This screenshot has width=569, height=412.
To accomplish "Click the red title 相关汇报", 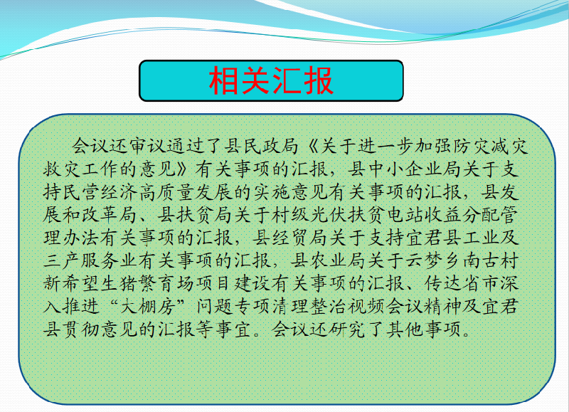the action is (271, 80).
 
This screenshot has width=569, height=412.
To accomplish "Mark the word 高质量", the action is (167, 192).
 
